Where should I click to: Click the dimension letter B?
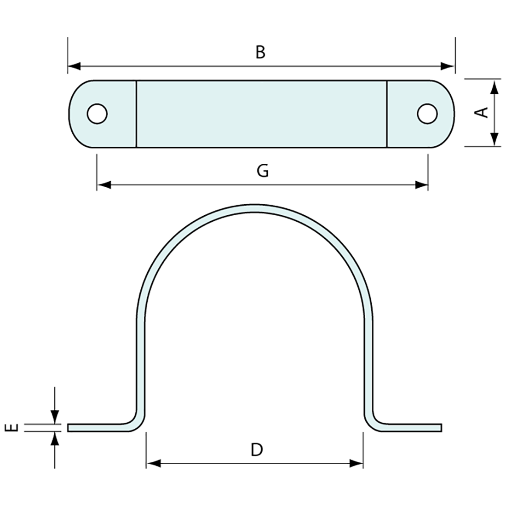point(260,52)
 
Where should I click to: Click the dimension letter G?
point(263,171)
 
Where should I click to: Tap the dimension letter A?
point(483,112)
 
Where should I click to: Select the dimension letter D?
point(257,449)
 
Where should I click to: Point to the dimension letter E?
point(11,428)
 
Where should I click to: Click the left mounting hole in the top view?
point(97,114)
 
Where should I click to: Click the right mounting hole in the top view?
point(427,114)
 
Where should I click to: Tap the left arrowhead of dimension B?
point(74,67)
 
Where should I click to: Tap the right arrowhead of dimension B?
point(447,67)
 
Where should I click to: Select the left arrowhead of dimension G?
point(104,185)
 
